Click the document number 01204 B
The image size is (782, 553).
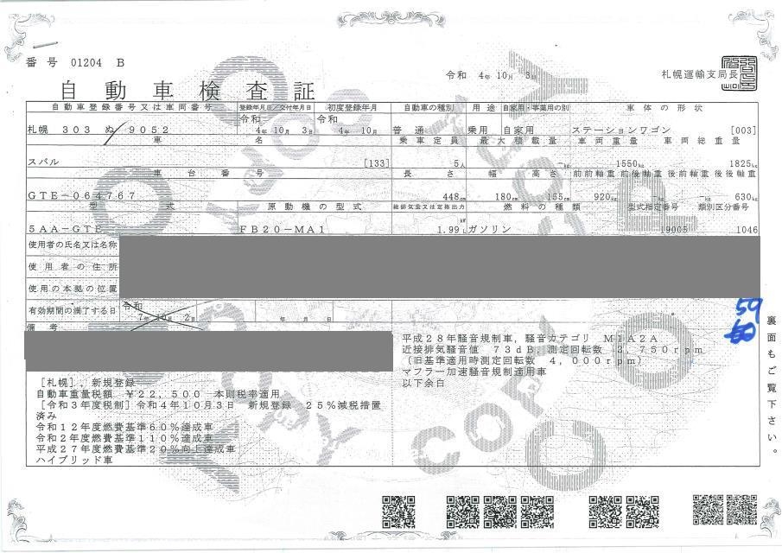click(x=86, y=62)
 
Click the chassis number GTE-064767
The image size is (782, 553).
click(x=81, y=196)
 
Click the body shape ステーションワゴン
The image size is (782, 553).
click(x=615, y=129)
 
